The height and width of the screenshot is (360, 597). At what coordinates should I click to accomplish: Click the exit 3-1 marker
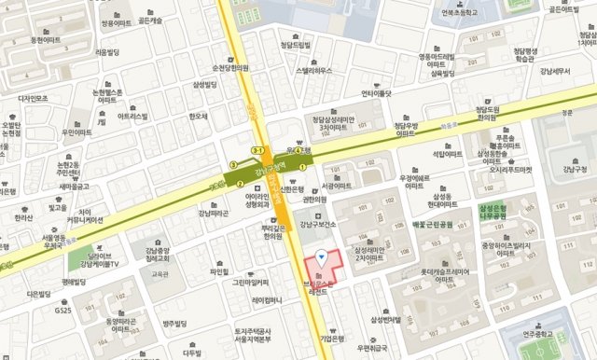click(x=258, y=149)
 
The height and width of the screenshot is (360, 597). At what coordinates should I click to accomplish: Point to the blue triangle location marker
click(x=322, y=256)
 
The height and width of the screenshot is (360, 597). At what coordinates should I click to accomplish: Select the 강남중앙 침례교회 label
click(x=162, y=256)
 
